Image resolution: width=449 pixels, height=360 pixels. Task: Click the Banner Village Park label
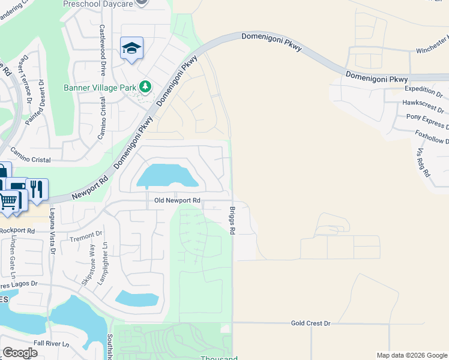[x=101, y=88]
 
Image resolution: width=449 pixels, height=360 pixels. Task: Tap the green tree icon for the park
[x=145, y=88]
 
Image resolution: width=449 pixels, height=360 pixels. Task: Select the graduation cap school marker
[x=131, y=48]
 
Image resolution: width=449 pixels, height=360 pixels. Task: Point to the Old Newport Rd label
[x=177, y=200]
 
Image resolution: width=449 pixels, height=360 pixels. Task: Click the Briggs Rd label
[x=232, y=221]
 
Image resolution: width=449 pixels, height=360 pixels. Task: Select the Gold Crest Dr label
[x=310, y=323]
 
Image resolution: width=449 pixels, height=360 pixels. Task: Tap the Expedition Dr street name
[x=423, y=95]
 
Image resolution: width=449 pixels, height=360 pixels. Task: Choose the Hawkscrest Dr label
[x=423, y=106]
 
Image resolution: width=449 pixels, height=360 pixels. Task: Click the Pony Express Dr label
[x=427, y=121]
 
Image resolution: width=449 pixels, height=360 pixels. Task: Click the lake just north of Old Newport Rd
[x=167, y=176]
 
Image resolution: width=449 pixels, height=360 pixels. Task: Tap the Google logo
[x=20, y=353]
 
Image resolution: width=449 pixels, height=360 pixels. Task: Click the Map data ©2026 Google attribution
[x=412, y=355]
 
